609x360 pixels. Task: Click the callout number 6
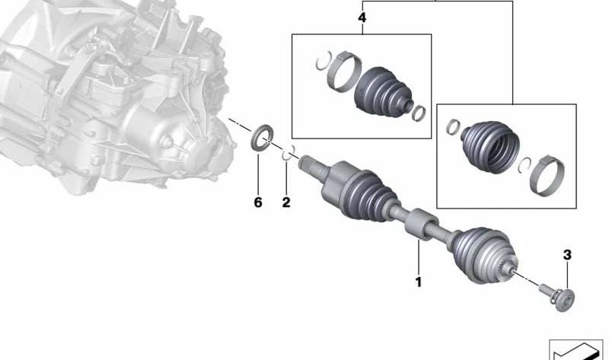click(258, 202)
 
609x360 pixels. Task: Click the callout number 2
click(286, 202)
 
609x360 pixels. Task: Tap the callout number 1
click(419, 282)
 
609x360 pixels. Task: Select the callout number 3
click(567, 255)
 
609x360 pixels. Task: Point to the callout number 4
click(362, 18)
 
